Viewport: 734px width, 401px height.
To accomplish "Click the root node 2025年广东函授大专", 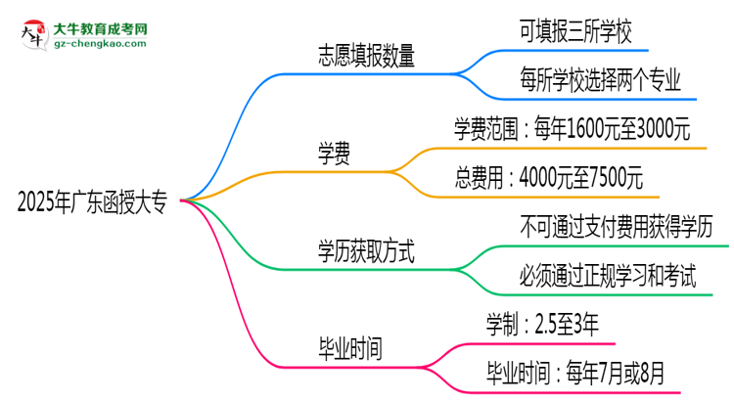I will point(92,202).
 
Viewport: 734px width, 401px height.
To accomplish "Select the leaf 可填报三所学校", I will point(581,31).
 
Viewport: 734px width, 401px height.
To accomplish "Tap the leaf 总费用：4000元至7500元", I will point(549,178).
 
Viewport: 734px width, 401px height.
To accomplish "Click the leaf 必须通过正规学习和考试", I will point(609,276).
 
